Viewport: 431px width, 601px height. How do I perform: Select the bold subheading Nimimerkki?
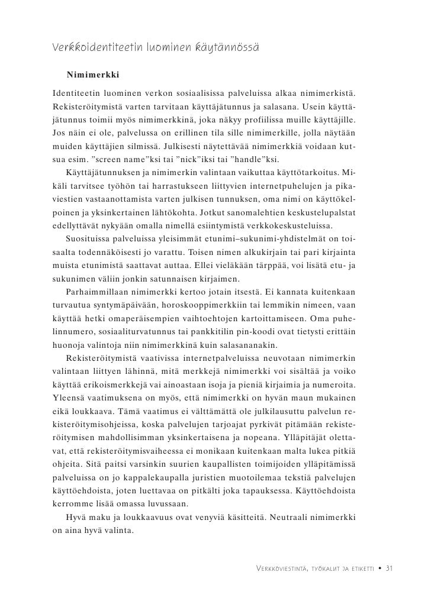93,76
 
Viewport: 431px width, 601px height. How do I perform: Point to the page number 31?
389,568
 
